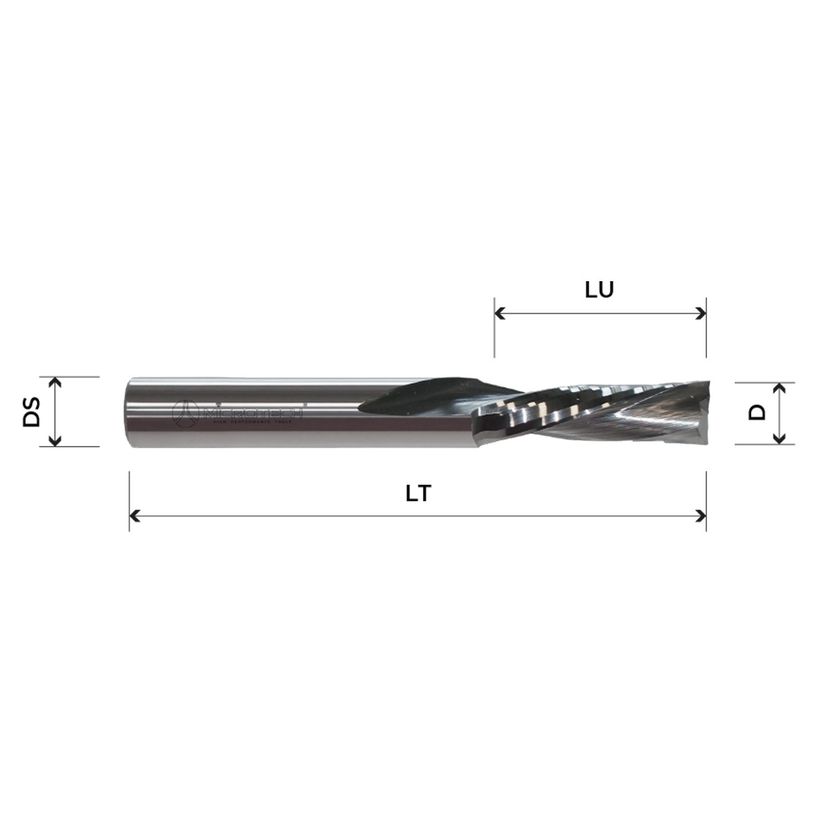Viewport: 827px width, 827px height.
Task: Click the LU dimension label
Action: pyautogui.click(x=599, y=290)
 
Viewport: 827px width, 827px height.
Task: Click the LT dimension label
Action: pyautogui.click(x=418, y=494)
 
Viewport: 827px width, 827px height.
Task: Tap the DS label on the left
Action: pyautogui.click(x=32, y=412)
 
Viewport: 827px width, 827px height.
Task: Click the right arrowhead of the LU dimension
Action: pyautogui.click(x=702, y=314)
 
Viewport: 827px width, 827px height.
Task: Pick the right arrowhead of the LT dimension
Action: pyautogui.click(x=702, y=516)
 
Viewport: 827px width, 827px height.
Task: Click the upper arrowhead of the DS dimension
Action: pyautogui.click(x=55, y=382)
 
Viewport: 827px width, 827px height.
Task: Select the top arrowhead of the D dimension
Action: pyautogui.click(x=778, y=387)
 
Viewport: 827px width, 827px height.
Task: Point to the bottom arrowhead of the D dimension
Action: pyautogui.click(x=778, y=439)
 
